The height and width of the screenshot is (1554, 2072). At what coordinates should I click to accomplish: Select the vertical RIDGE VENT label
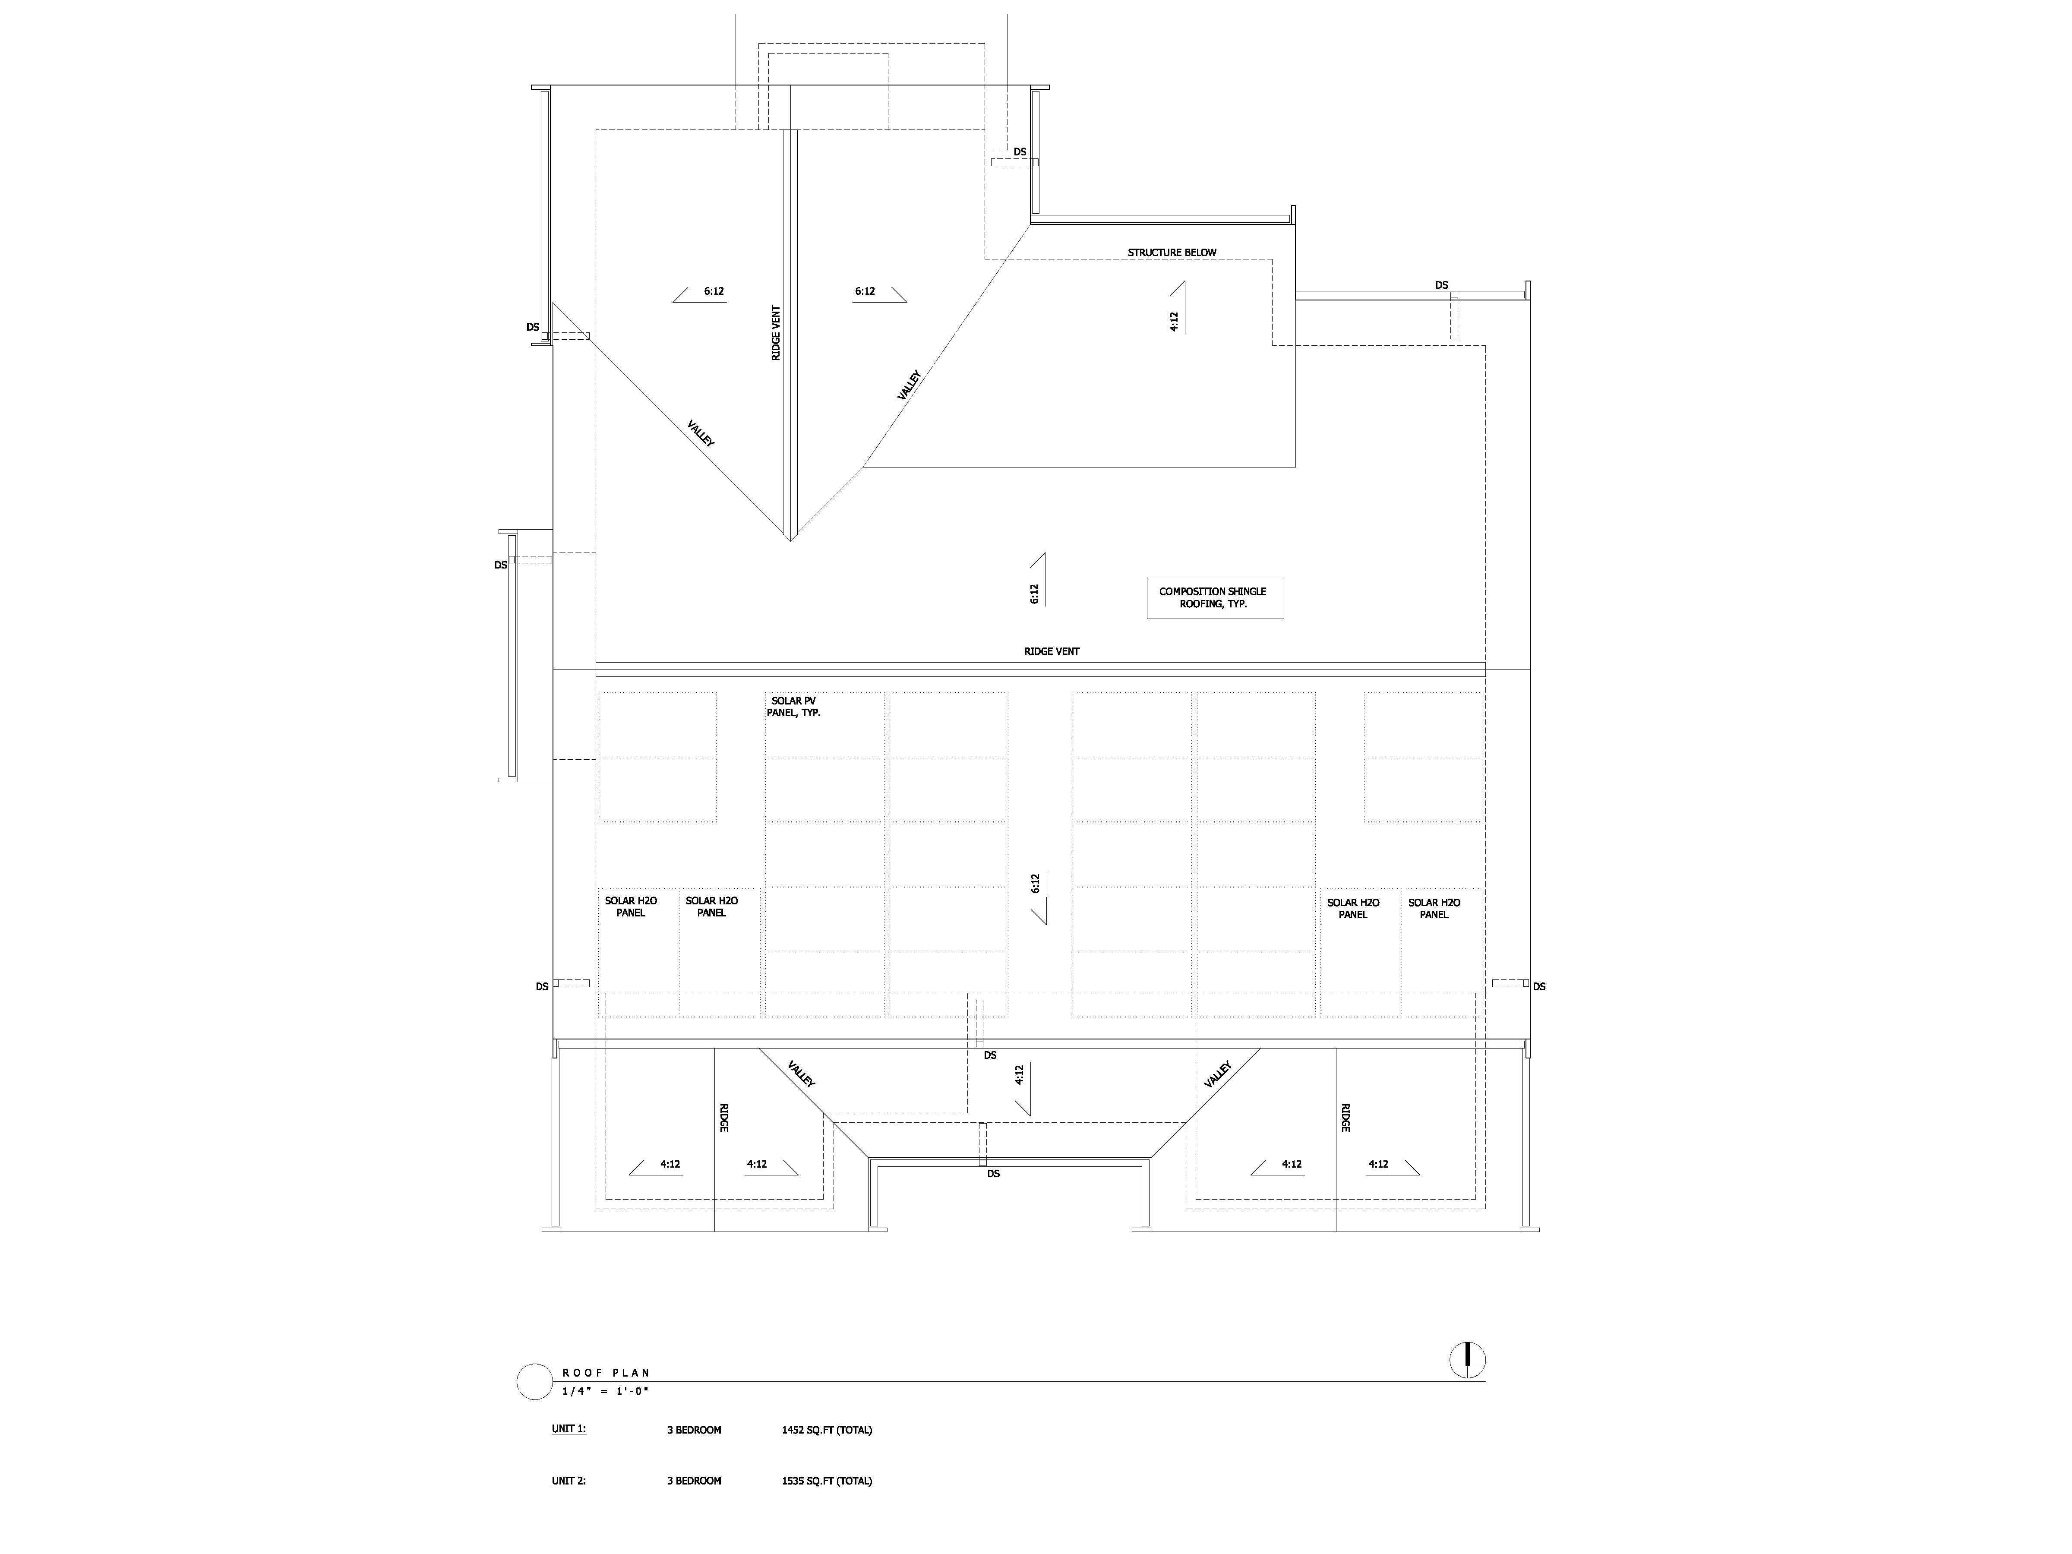pyautogui.click(x=776, y=334)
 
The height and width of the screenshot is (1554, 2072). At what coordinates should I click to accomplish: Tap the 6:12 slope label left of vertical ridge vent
pyautogui.click(x=714, y=291)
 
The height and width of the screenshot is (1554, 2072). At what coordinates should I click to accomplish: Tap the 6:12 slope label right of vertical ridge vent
pyautogui.click(x=865, y=291)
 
